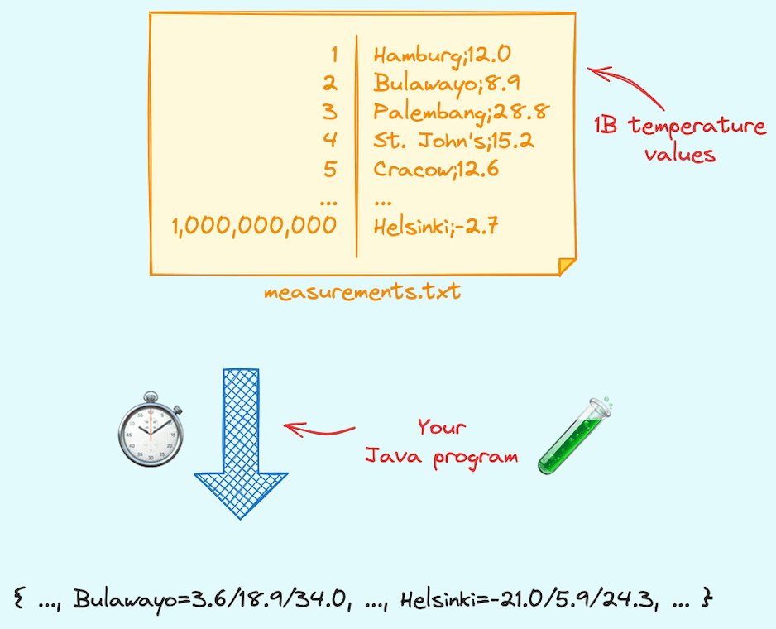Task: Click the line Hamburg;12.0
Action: coord(442,55)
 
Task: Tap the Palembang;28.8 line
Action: coord(462,112)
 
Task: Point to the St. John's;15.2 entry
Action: coord(453,140)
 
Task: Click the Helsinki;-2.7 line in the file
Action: coord(435,226)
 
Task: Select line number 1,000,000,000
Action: coord(255,226)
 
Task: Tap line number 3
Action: coord(330,112)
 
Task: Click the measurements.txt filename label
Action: coord(362,291)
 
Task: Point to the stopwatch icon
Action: coord(150,433)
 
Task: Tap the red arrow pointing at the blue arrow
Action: coord(319,430)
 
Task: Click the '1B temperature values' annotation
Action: coord(680,140)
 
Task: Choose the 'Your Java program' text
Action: coord(442,442)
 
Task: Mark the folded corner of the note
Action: coord(567,266)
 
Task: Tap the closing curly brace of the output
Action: coord(706,598)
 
